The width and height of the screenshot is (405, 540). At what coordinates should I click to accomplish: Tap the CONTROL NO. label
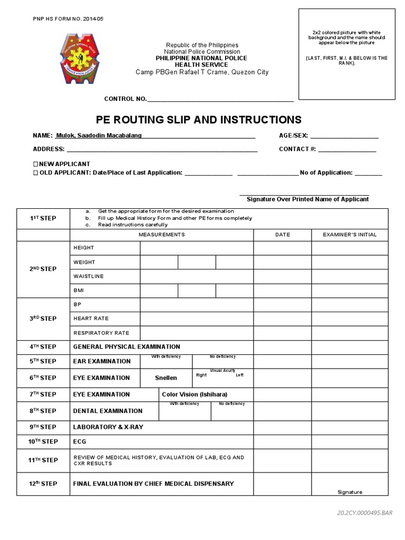click(126, 99)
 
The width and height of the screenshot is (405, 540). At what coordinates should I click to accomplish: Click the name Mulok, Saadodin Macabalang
click(99, 136)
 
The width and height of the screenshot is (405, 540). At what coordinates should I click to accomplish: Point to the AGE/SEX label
click(293, 136)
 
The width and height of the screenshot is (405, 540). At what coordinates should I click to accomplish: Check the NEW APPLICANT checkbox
click(35, 164)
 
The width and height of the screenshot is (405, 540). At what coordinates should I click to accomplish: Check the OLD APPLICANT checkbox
click(35, 172)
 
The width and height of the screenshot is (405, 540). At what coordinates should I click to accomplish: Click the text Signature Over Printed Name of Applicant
click(307, 199)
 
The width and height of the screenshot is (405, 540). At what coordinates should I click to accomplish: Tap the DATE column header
click(283, 235)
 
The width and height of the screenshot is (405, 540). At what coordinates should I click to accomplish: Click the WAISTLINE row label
click(89, 276)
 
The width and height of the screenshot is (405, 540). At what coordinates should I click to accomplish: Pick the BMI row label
click(79, 291)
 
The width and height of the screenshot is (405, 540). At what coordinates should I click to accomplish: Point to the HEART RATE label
click(91, 319)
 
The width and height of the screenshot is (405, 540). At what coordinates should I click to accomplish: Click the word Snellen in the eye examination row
click(166, 378)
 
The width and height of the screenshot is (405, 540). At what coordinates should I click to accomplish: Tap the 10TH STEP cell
click(43, 441)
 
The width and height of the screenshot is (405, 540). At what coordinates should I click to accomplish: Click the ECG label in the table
click(80, 441)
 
